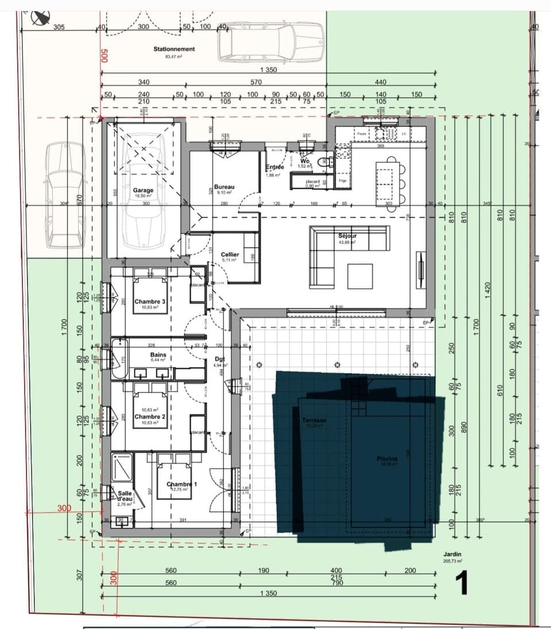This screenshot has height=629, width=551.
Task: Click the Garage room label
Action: (143, 190)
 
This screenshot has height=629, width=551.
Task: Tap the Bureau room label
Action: (224, 187)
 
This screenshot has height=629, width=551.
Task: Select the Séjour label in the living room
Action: (347, 236)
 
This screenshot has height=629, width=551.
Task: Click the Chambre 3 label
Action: (150, 301)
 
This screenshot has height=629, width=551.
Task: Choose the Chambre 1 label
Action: (181, 484)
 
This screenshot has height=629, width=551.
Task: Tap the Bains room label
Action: (158, 355)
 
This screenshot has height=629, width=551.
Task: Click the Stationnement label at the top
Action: (174, 49)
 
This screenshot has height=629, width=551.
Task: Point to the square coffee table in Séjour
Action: (359, 276)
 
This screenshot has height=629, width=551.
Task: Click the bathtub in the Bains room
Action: (121, 359)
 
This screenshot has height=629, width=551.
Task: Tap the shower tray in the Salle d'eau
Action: (121, 467)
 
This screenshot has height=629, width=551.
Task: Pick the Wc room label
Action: (305, 162)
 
